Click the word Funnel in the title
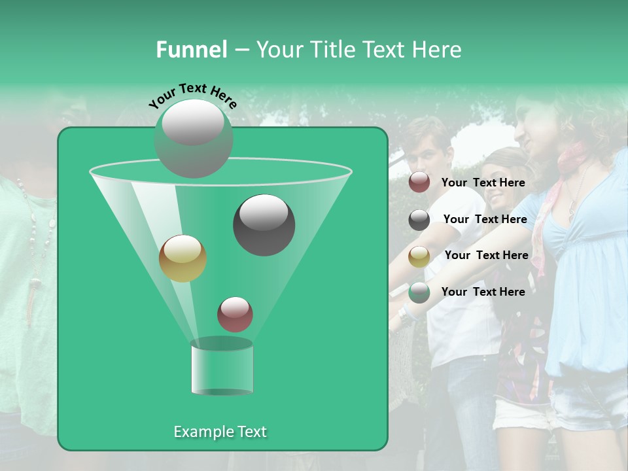tap(191, 50)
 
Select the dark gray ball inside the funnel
tap(264, 225)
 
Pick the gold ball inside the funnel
tap(183, 258)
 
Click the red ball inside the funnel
tap(235, 315)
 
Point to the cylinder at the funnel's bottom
tap(222, 368)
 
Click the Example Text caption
tap(220, 432)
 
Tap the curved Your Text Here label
tap(192, 94)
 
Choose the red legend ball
tap(419, 183)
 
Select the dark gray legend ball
tap(419, 220)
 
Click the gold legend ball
tap(419, 256)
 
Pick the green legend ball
tap(419, 292)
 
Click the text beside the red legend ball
tap(483, 183)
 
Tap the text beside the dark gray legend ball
tap(485, 219)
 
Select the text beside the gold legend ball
tap(486, 255)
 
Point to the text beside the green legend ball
tap(483, 292)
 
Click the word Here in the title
tap(438, 50)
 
